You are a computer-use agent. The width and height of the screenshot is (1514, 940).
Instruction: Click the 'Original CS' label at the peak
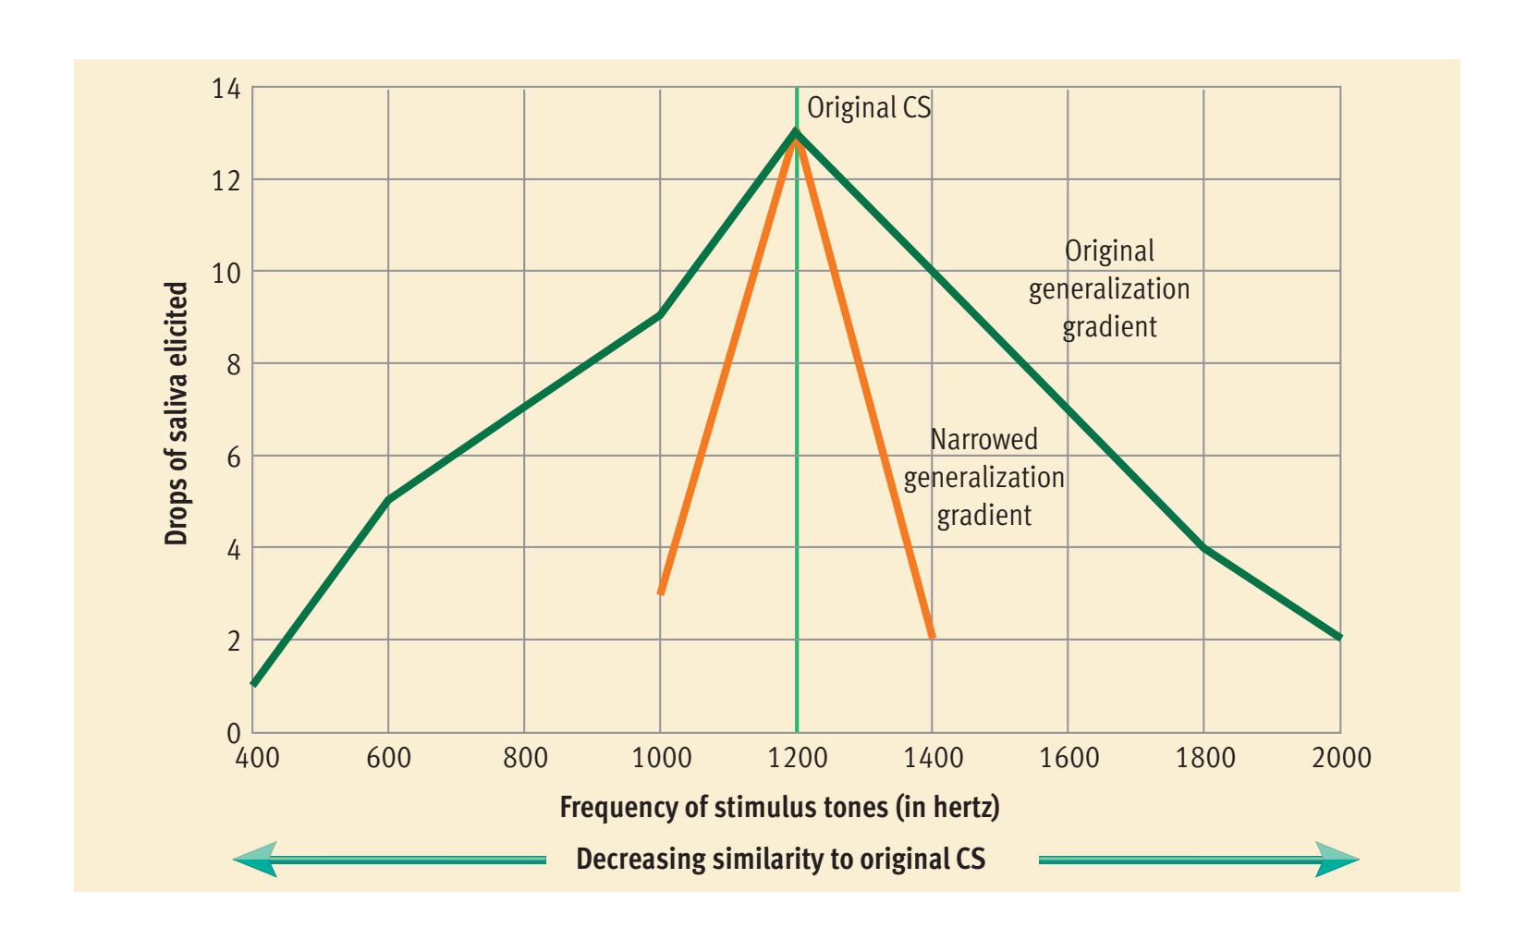pos(869,107)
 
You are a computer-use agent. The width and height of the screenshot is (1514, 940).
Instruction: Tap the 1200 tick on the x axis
pos(797,759)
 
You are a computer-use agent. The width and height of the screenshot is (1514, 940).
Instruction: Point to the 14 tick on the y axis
pos(226,89)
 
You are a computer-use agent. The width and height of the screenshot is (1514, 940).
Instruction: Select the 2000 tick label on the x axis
pos(1341,759)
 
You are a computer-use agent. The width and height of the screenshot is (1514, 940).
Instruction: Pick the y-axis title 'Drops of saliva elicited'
pos(177,413)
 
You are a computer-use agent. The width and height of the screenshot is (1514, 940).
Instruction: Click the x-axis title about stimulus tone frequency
pos(779,808)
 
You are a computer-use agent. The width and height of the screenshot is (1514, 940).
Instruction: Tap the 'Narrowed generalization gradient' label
pos(983,477)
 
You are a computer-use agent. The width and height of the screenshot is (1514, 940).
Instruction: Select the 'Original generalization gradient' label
pos(1109,288)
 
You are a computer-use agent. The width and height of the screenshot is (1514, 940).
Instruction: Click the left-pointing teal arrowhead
pos(256,860)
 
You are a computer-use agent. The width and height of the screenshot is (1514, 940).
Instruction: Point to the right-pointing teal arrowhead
pos(1337,860)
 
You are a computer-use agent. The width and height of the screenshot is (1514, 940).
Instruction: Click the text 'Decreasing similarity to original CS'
pos(780,860)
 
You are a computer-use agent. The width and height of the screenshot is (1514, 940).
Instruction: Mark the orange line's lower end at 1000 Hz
pos(661,592)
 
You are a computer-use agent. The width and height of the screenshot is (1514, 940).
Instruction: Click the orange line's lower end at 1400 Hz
pos(932,637)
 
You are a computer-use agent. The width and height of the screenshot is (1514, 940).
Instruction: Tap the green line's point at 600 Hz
pos(388,500)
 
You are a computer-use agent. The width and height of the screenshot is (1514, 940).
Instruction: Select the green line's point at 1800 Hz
pos(1204,547)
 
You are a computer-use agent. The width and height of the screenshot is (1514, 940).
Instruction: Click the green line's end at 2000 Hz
pos(1339,638)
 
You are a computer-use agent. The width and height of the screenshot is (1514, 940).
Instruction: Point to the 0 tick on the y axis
pos(232,732)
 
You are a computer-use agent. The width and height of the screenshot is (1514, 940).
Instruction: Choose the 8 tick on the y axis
pos(232,364)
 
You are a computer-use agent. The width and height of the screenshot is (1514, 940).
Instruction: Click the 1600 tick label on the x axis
pos(1069,759)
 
